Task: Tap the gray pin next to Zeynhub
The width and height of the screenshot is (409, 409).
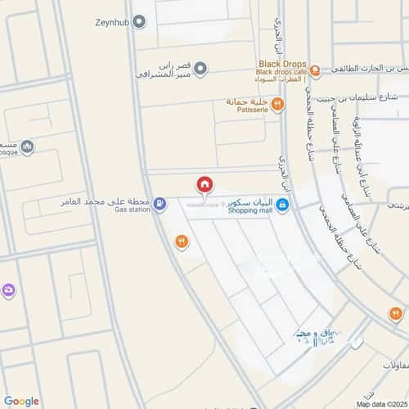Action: (x=139, y=22)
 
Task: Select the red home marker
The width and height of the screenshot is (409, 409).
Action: (x=204, y=185)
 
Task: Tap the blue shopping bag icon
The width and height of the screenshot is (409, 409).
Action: (x=281, y=204)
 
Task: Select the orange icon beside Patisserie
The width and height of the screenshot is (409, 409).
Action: (x=277, y=104)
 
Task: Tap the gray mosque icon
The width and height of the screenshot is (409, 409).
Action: (x=29, y=147)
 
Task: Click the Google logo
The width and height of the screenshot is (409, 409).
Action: (x=21, y=401)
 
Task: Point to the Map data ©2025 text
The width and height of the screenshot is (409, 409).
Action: (x=381, y=404)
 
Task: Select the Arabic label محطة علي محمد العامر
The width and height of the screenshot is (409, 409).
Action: (x=106, y=200)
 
